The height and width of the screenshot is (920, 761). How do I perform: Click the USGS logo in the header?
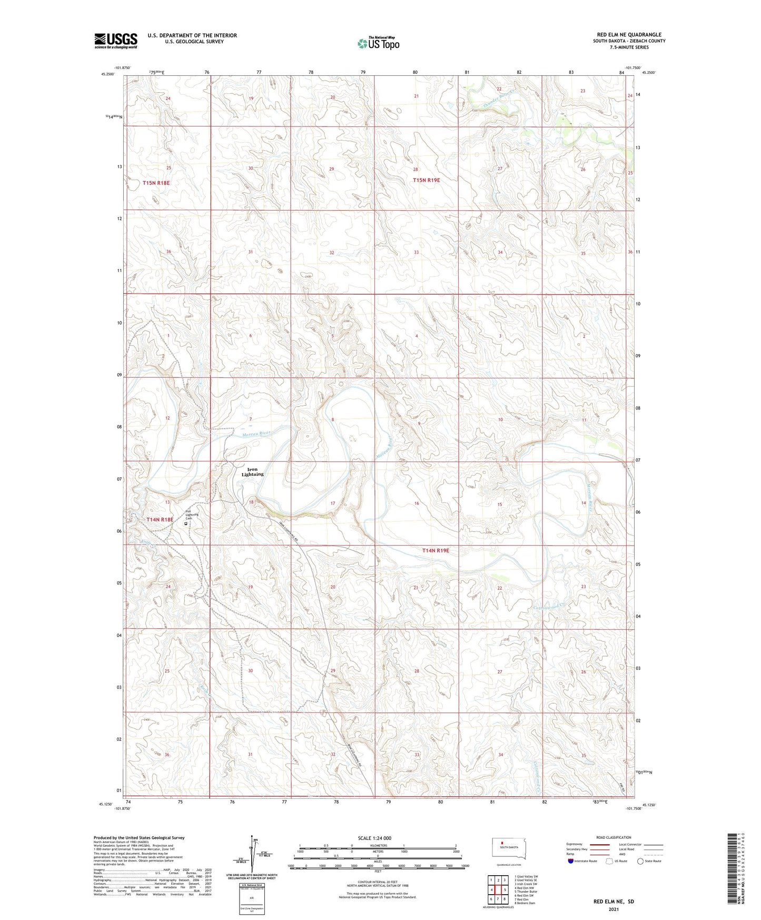(115, 41)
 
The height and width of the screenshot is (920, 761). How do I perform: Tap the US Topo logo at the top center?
(378, 43)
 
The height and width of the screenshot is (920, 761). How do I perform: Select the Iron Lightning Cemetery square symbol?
(185, 524)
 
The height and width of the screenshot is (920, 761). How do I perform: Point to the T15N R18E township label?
(156, 183)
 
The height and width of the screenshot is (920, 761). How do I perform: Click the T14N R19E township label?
(436, 550)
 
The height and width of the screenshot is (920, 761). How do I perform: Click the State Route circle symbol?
(640, 861)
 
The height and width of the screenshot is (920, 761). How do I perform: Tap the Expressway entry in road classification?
(574, 844)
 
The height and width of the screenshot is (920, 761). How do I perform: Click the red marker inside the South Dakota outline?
(509, 841)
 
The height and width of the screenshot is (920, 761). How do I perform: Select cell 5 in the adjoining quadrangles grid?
(505, 889)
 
